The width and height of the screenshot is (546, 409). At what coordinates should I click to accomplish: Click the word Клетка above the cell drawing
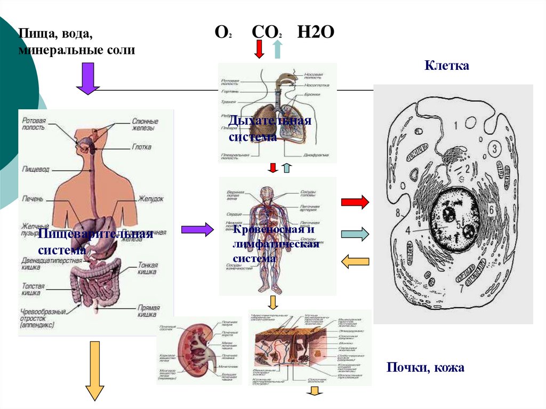pos(447,67)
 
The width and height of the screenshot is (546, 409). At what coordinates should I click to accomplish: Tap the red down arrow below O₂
pos(259,49)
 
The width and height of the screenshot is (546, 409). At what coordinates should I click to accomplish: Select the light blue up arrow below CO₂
pos(277,49)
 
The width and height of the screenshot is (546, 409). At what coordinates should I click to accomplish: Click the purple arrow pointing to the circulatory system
pos(197,229)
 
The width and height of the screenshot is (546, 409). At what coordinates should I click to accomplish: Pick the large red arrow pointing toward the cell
pos(355,202)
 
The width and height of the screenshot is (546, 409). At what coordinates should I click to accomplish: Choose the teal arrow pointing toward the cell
pos(355,234)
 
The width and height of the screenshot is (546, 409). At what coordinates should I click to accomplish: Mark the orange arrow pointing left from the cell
pos(355,261)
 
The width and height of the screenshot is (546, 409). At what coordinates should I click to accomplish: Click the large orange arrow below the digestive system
pos(95,371)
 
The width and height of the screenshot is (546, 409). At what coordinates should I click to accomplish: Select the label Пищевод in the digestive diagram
pos(36,169)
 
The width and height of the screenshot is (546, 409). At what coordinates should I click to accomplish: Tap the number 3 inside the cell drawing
pos(495,148)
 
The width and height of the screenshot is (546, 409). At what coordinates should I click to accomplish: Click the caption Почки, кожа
pos(425,367)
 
